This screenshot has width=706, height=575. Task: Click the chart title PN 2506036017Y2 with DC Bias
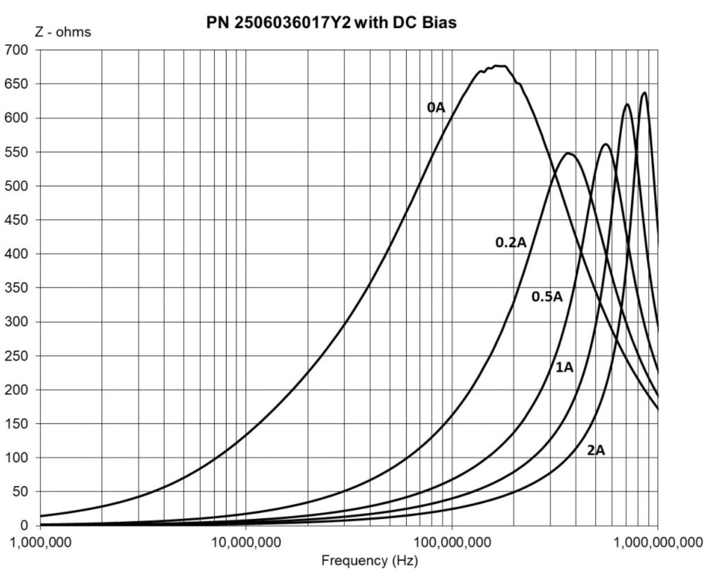coord(331,23)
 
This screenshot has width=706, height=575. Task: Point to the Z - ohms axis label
coord(63,32)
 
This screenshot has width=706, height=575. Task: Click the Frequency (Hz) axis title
coord(370,560)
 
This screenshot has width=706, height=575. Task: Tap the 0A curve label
coord(436,108)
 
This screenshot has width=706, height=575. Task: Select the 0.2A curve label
coord(510,243)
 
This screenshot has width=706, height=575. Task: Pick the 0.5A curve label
coord(547,296)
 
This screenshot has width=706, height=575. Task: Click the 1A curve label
coord(564,367)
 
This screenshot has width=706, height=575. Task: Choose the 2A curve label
coord(596,450)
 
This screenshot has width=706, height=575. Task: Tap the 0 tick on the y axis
coord(24,525)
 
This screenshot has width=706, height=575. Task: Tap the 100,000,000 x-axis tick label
coord(451,542)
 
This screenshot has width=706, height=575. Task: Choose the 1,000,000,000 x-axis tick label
coord(658,542)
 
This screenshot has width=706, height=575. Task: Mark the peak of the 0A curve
coord(499,66)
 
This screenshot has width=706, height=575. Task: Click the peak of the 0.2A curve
coord(568,153)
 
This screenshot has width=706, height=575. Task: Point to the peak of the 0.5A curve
coord(606,144)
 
